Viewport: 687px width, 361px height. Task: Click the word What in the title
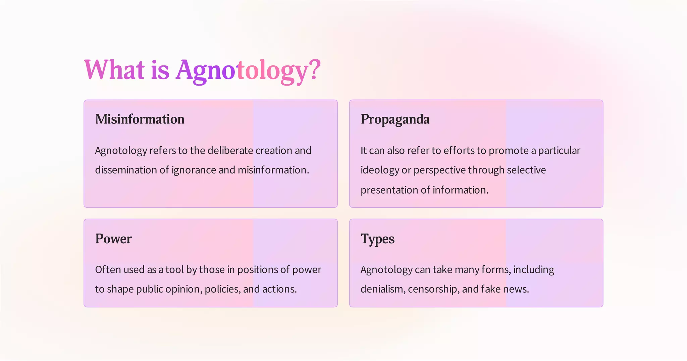(114, 70)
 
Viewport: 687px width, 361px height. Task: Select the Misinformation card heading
(140, 119)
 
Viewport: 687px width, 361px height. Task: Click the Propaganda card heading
(395, 119)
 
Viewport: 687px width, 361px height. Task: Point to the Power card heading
(113, 239)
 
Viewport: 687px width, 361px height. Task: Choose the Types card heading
(377, 239)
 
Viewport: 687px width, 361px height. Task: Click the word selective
(526, 170)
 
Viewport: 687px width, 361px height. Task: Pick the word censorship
(433, 289)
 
